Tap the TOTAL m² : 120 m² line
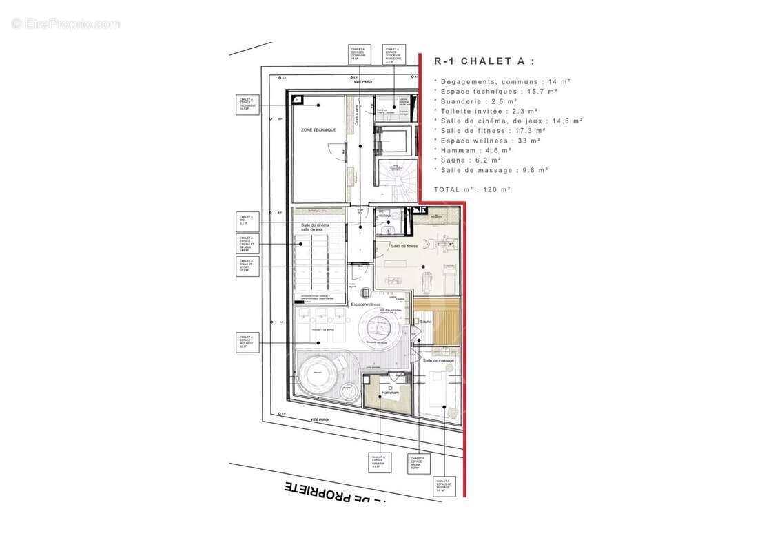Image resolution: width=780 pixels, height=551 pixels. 472,189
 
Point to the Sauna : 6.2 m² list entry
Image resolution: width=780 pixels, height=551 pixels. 469,160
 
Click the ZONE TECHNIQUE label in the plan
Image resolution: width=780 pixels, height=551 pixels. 318,130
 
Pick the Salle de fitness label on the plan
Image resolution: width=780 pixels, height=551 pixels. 404,246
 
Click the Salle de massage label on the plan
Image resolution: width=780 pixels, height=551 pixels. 438,360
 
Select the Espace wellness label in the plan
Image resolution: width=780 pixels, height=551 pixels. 366,304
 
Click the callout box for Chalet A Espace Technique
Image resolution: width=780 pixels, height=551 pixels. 247,105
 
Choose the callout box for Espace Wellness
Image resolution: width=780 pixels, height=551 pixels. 247,342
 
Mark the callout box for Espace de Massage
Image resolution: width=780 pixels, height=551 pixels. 444,486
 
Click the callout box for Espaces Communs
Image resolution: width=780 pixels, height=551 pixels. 358,54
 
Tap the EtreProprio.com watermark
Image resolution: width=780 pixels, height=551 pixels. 65,23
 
